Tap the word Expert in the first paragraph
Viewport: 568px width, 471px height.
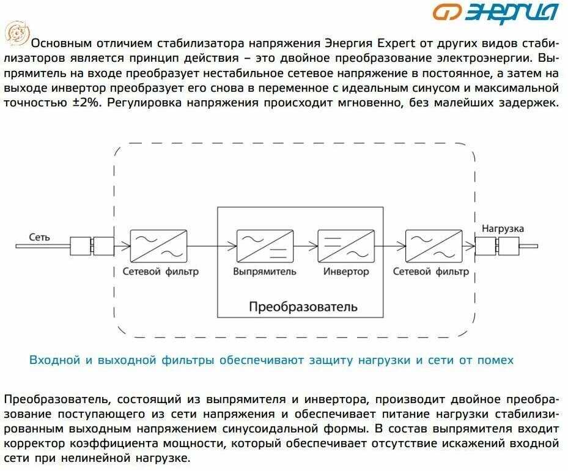397,43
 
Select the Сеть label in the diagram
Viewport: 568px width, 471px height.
40,237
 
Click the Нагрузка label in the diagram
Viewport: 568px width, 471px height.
503,229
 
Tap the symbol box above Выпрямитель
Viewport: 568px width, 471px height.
264,246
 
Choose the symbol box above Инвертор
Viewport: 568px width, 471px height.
346,246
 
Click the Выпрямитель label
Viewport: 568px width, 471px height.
264,272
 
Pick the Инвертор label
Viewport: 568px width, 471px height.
346,272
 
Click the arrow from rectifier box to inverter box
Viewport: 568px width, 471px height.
304,246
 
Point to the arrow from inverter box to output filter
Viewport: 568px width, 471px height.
389,246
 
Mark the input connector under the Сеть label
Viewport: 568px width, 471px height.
92,246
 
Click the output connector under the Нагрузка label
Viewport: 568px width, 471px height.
496,247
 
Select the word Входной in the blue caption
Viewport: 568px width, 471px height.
54,360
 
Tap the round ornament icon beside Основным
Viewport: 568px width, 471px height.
15,33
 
